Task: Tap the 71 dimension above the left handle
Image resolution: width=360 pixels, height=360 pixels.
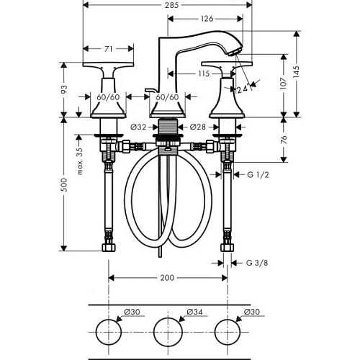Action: click(x=109, y=50)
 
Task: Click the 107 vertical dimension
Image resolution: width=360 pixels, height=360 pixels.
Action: click(x=290, y=83)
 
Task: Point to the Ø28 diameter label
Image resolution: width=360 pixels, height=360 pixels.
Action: click(x=198, y=127)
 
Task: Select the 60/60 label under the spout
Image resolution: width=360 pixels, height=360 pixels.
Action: click(x=167, y=96)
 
